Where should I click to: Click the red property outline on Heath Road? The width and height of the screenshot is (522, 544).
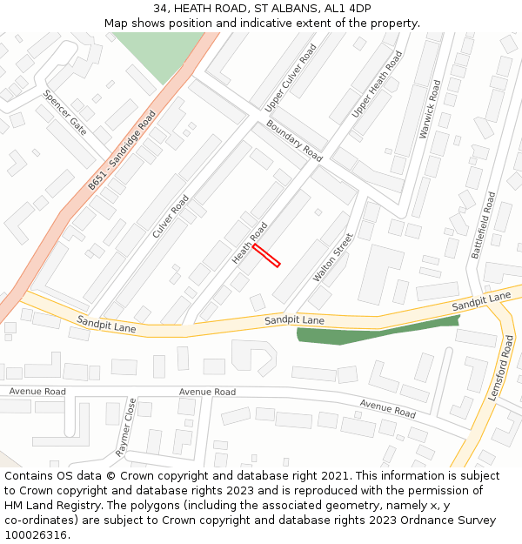(266, 255)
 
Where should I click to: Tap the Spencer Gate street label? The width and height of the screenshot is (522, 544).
(64, 113)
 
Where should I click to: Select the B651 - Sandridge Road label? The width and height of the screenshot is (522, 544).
(122, 151)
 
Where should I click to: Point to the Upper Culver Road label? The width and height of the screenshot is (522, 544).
(291, 77)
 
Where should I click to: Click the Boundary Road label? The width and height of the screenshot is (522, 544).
(294, 141)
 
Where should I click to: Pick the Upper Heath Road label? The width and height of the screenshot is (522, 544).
(377, 84)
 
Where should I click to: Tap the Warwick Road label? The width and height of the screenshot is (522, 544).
(431, 110)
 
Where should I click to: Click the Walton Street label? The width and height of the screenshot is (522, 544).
(333, 258)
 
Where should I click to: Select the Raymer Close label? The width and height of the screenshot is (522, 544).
(125, 427)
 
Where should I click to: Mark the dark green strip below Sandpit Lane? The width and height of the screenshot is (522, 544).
(374, 332)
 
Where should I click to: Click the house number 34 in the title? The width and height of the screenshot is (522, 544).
(161, 8)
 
